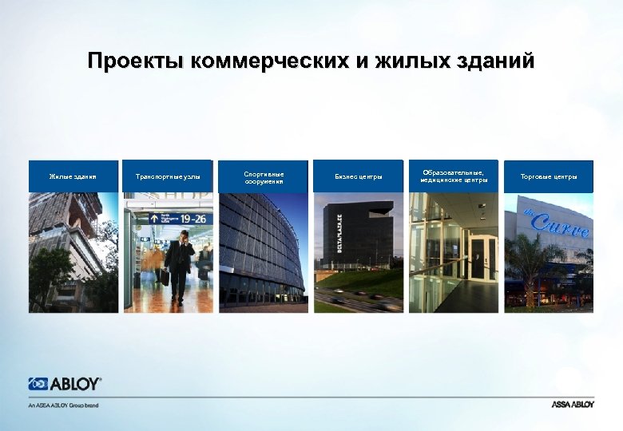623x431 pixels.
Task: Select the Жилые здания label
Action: [73, 176]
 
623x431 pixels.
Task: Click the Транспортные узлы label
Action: [168, 176]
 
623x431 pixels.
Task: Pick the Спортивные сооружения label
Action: [264, 176]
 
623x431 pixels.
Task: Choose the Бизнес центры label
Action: [359, 176]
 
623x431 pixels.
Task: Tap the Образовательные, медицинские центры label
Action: [454, 176]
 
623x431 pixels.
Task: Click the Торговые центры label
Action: [549, 176]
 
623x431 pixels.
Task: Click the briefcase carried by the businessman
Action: [165, 276]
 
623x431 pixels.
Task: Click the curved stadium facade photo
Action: [263, 251]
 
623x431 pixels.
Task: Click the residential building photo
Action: [73, 251]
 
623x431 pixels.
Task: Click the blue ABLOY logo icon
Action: [38, 384]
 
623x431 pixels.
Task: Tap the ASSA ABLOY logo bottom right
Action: [573, 405]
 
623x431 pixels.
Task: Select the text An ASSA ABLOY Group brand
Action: [63, 405]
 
